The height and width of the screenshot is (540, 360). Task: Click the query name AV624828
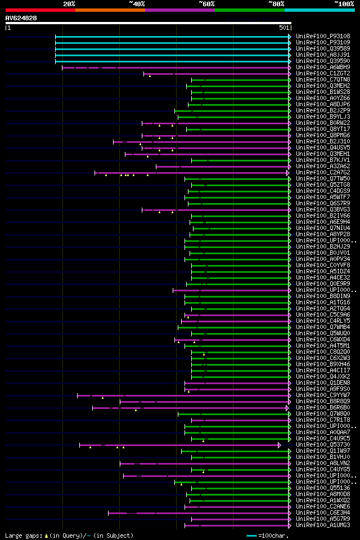click(21, 18)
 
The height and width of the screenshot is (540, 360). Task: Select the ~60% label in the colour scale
click(206, 3)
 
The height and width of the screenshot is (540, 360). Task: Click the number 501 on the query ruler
click(284, 28)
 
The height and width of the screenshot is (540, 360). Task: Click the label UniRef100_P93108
click(322, 36)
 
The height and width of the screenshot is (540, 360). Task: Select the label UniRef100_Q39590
click(322, 61)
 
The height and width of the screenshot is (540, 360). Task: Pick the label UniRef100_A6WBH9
click(322, 67)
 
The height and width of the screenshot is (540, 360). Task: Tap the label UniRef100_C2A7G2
click(322, 172)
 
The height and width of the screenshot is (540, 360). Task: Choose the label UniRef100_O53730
click(322, 444)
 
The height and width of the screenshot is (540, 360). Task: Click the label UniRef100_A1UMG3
click(322, 525)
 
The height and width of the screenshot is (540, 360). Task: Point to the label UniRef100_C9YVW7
click(322, 395)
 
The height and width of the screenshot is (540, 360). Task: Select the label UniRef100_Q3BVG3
click(322, 209)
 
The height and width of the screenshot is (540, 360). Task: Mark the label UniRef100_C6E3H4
click(322, 512)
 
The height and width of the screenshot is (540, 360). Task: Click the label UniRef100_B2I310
click(322, 141)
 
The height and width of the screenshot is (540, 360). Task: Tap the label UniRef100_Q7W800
click(322, 413)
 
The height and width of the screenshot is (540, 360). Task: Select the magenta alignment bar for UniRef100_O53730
click(180, 444)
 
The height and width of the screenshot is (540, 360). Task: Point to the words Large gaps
click(22, 535)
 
